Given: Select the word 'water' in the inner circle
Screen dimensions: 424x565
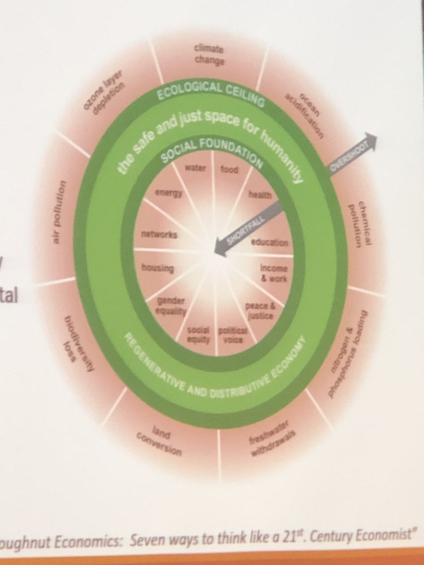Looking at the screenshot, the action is click(x=194, y=169).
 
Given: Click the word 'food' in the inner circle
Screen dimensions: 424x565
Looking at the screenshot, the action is click(x=229, y=169).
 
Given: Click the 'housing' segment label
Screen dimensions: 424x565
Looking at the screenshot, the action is click(x=157, y=269).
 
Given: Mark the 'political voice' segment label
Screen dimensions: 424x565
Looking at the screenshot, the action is click(x=230, y=334).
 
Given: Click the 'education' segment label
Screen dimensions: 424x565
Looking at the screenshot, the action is click(x=269, y=242).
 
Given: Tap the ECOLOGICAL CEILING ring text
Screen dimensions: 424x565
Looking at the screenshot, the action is click(x=209, y=89).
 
